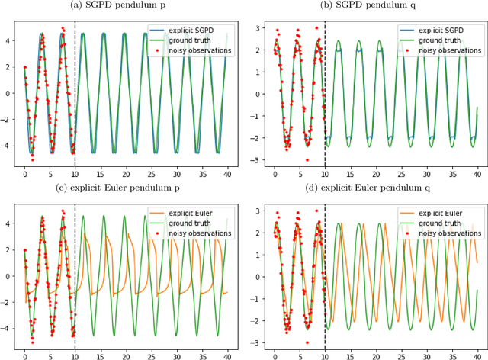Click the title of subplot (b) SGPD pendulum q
coord(374,6)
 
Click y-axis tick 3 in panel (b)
coord(261,27)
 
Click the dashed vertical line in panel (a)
coord(75,92)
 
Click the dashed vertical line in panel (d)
coord(325,275)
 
